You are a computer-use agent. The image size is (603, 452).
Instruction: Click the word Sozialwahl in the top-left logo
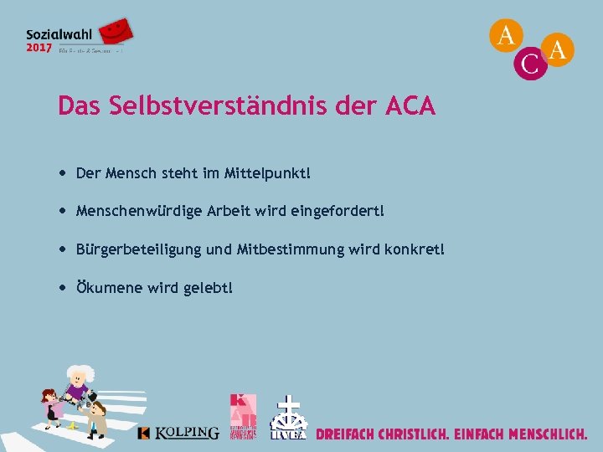click(x=59, y=34)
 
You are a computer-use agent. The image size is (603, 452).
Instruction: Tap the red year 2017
click(x=38, y=48)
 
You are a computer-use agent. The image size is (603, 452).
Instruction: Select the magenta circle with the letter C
click(x=530, y=63)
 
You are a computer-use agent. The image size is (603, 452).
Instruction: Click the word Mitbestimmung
click(x=289, y=249)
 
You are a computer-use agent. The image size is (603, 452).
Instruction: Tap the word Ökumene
click(x=109, y=287)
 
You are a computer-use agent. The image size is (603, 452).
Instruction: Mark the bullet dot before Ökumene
click(x=64, y=287)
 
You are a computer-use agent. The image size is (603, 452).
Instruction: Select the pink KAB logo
click(x=243, y=415)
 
